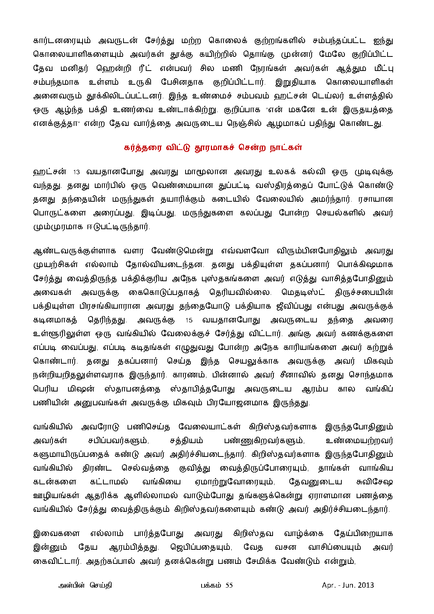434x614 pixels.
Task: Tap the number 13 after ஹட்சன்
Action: point(76,172)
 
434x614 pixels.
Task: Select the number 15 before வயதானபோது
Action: point(189,320)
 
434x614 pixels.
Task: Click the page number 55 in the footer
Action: point(229,585)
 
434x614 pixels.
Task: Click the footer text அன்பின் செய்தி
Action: point(85,585)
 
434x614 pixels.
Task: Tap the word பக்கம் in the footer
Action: point(211,585)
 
